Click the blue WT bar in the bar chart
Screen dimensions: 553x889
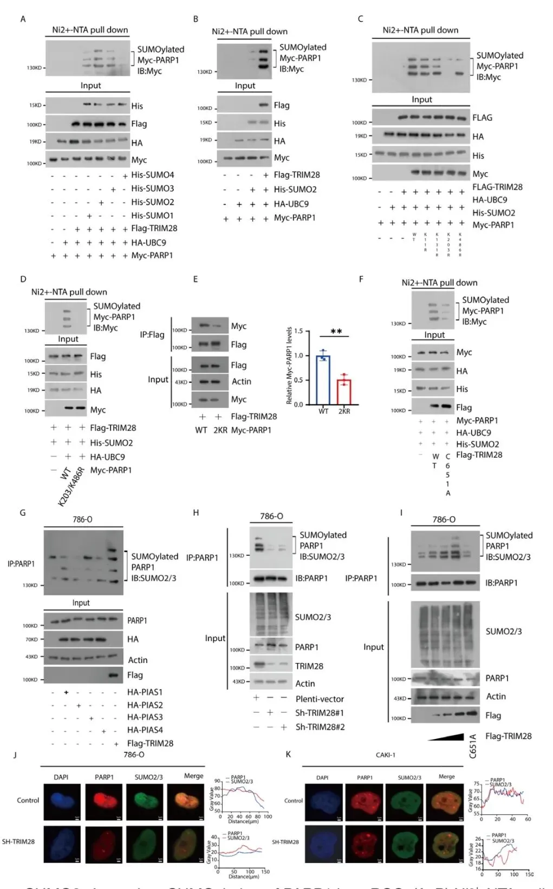[323, 379]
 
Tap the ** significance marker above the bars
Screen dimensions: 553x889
[336, 331]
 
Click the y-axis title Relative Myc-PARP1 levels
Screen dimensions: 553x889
[289, 366]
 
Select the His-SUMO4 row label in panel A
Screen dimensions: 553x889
[152, 175]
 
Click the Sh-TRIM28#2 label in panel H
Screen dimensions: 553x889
[320, 727]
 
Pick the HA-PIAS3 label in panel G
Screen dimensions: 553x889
[145, 717]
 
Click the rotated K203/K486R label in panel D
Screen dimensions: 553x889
[71, 486]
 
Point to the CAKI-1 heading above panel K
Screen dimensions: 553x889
[386, 755]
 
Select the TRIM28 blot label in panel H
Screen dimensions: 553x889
[309, 666]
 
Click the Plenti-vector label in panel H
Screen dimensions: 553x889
[320, 699]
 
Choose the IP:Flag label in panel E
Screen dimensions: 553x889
[152, 335]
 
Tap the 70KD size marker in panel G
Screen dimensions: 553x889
[31, 639]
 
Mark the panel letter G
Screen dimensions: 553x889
[23, 512]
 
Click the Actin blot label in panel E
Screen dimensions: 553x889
[241, 381]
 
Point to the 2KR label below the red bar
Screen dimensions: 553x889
[344, 411]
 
